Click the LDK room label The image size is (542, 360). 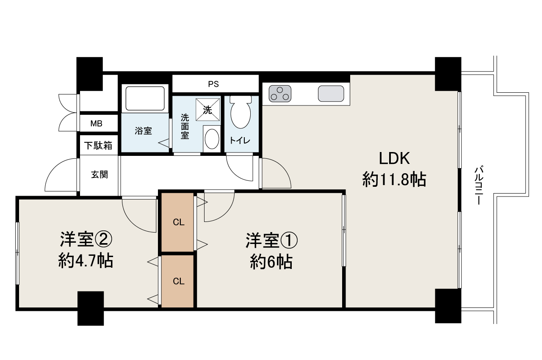click(x=394, y=159)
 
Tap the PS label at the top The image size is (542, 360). click(x=213, y=84)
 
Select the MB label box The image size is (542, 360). click(x=97, y=124)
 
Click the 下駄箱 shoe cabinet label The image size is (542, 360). click(x=98, y=146)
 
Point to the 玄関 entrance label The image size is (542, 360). click(x=100, y=174)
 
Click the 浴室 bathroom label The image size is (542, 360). click(x=143, y=131)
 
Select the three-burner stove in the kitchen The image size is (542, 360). click(x=279, y=94)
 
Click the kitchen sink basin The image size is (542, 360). click(x=331, y=94)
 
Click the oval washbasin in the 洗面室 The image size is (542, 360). click(x=212, y=138)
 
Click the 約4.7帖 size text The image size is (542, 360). click(x=86, y=261)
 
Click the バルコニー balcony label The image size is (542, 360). click(x=478, y=186)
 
